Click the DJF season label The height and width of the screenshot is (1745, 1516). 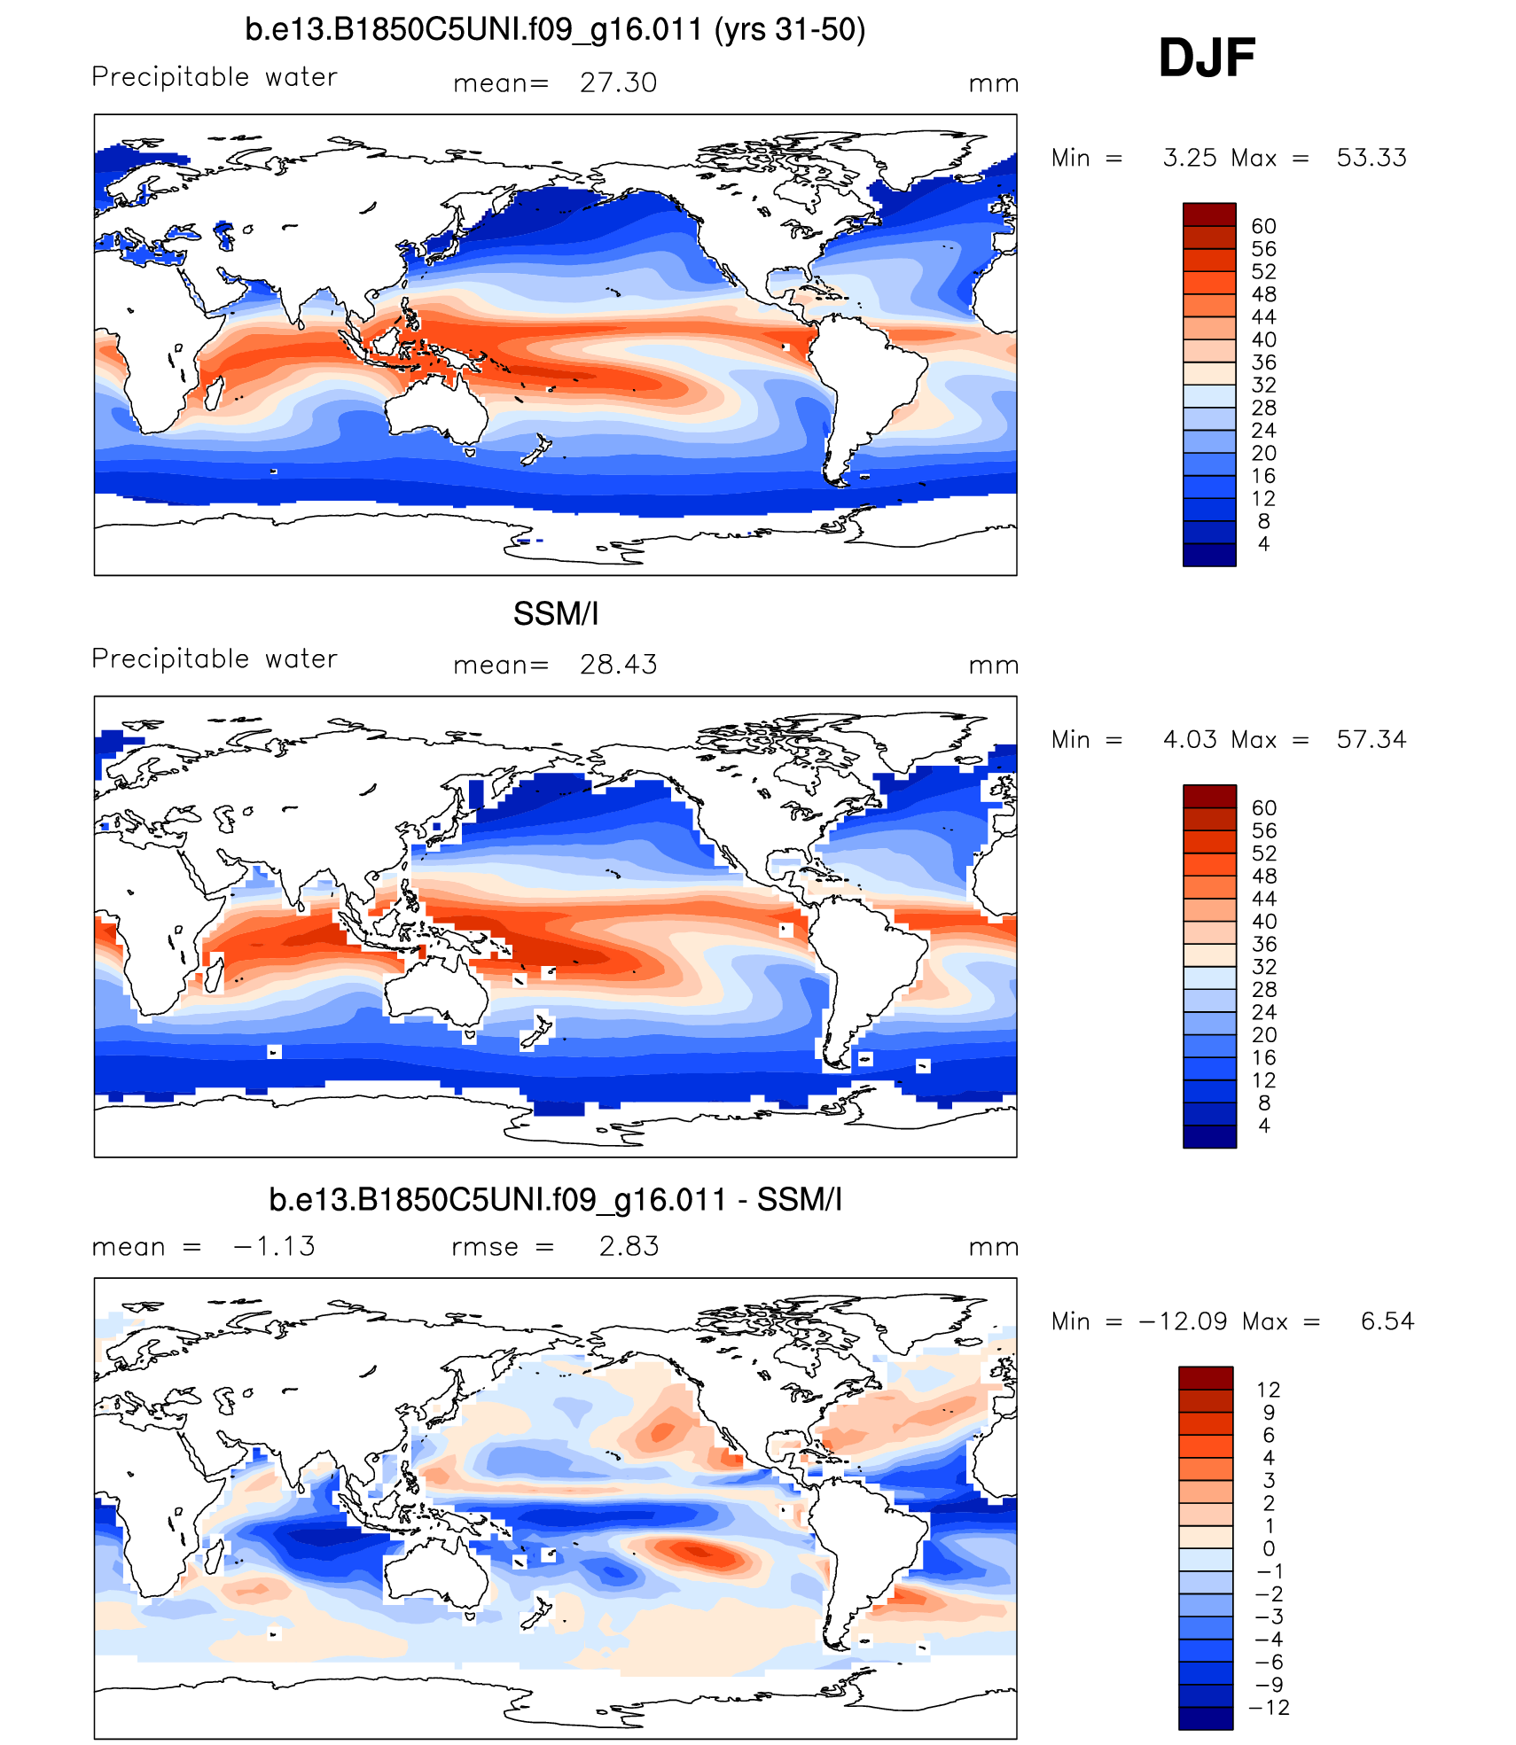click(x=1207, y=58)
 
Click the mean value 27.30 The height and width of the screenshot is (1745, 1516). click(x=618, y=83)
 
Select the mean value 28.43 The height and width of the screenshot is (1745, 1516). click(x=618, y=665)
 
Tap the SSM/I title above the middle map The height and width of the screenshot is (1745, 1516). click(x=556, y=614)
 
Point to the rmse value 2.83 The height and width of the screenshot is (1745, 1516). click(x=629, y=1247)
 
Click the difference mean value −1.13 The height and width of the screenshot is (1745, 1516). click(x=274, y=1247)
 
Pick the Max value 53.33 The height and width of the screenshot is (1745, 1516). click(x=1371, y=159)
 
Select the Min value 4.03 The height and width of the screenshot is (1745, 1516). click(x=1189, y=740)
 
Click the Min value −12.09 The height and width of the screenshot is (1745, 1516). click(x=1184, y=1322)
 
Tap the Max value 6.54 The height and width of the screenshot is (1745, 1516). click(x=1387, y=1322)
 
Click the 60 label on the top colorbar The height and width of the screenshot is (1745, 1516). click(x=1263, y=227)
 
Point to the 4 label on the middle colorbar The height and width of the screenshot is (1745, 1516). click(x=1263, y=1126)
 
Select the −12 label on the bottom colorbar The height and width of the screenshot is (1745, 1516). click(x=1269, y=1708)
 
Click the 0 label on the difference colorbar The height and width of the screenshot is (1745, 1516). click(x=1269, y=1549)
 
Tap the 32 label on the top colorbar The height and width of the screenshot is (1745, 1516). click(x=1263, y=386)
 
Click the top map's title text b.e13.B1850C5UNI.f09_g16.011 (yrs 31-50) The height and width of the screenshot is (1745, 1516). click(x=555, y=30)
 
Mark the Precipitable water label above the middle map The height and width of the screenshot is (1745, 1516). click(x=215, y=659)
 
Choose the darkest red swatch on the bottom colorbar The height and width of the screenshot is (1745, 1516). click(x=1206, y=1378)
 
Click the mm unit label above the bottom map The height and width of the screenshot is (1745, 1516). click(x=993, y=1248)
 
